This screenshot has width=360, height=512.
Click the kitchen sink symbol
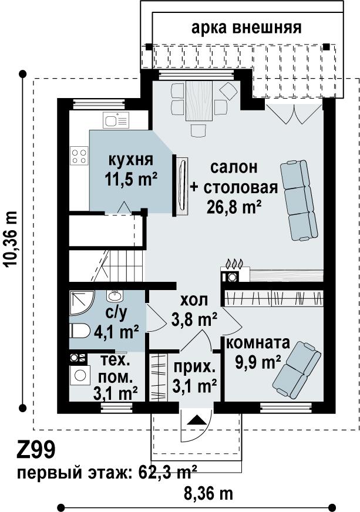tap(116, 120)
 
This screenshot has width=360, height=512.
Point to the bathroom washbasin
tap(115, 296)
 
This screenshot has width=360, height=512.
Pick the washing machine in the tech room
tap(80, 375)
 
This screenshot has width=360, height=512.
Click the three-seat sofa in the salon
tap(299, 200)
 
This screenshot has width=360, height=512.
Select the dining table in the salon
tap(199, 102)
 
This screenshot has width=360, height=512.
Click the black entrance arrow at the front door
tap(196, 420)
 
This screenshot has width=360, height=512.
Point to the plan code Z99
tap(36, 450)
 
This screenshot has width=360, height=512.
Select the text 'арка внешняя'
tap(246, 28)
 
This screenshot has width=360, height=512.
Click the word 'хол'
tap(194, 300)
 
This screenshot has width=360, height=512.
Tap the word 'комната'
tap(258, 343)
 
